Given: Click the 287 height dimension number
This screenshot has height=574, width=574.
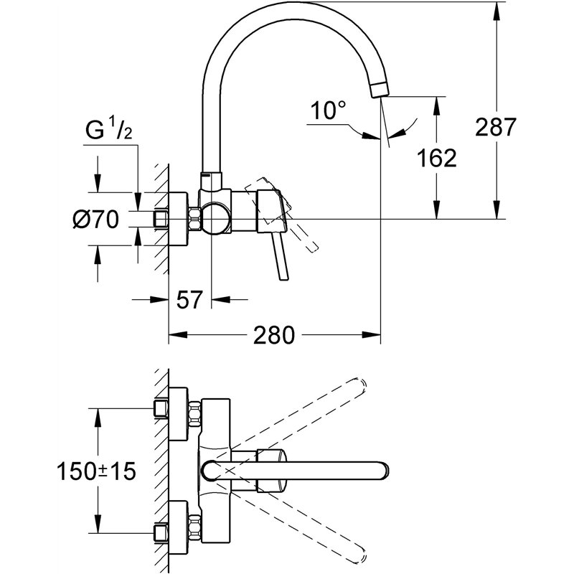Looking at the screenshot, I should [x=495, y=127].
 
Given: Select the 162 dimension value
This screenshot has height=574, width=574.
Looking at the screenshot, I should [x=436, y=157].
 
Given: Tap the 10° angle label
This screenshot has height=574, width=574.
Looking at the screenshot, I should [x=329, y=110].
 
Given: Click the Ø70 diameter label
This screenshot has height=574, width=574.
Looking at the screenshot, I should [x=95, y=219].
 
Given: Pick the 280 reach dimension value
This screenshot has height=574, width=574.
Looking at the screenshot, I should [x=274, y=335].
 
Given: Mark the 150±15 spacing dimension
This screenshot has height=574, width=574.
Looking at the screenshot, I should [x=96, y=471].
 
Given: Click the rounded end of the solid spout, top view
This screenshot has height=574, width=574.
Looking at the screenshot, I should [x=384, y=471].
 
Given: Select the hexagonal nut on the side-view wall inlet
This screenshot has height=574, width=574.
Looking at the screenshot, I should [x=194, y=219].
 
